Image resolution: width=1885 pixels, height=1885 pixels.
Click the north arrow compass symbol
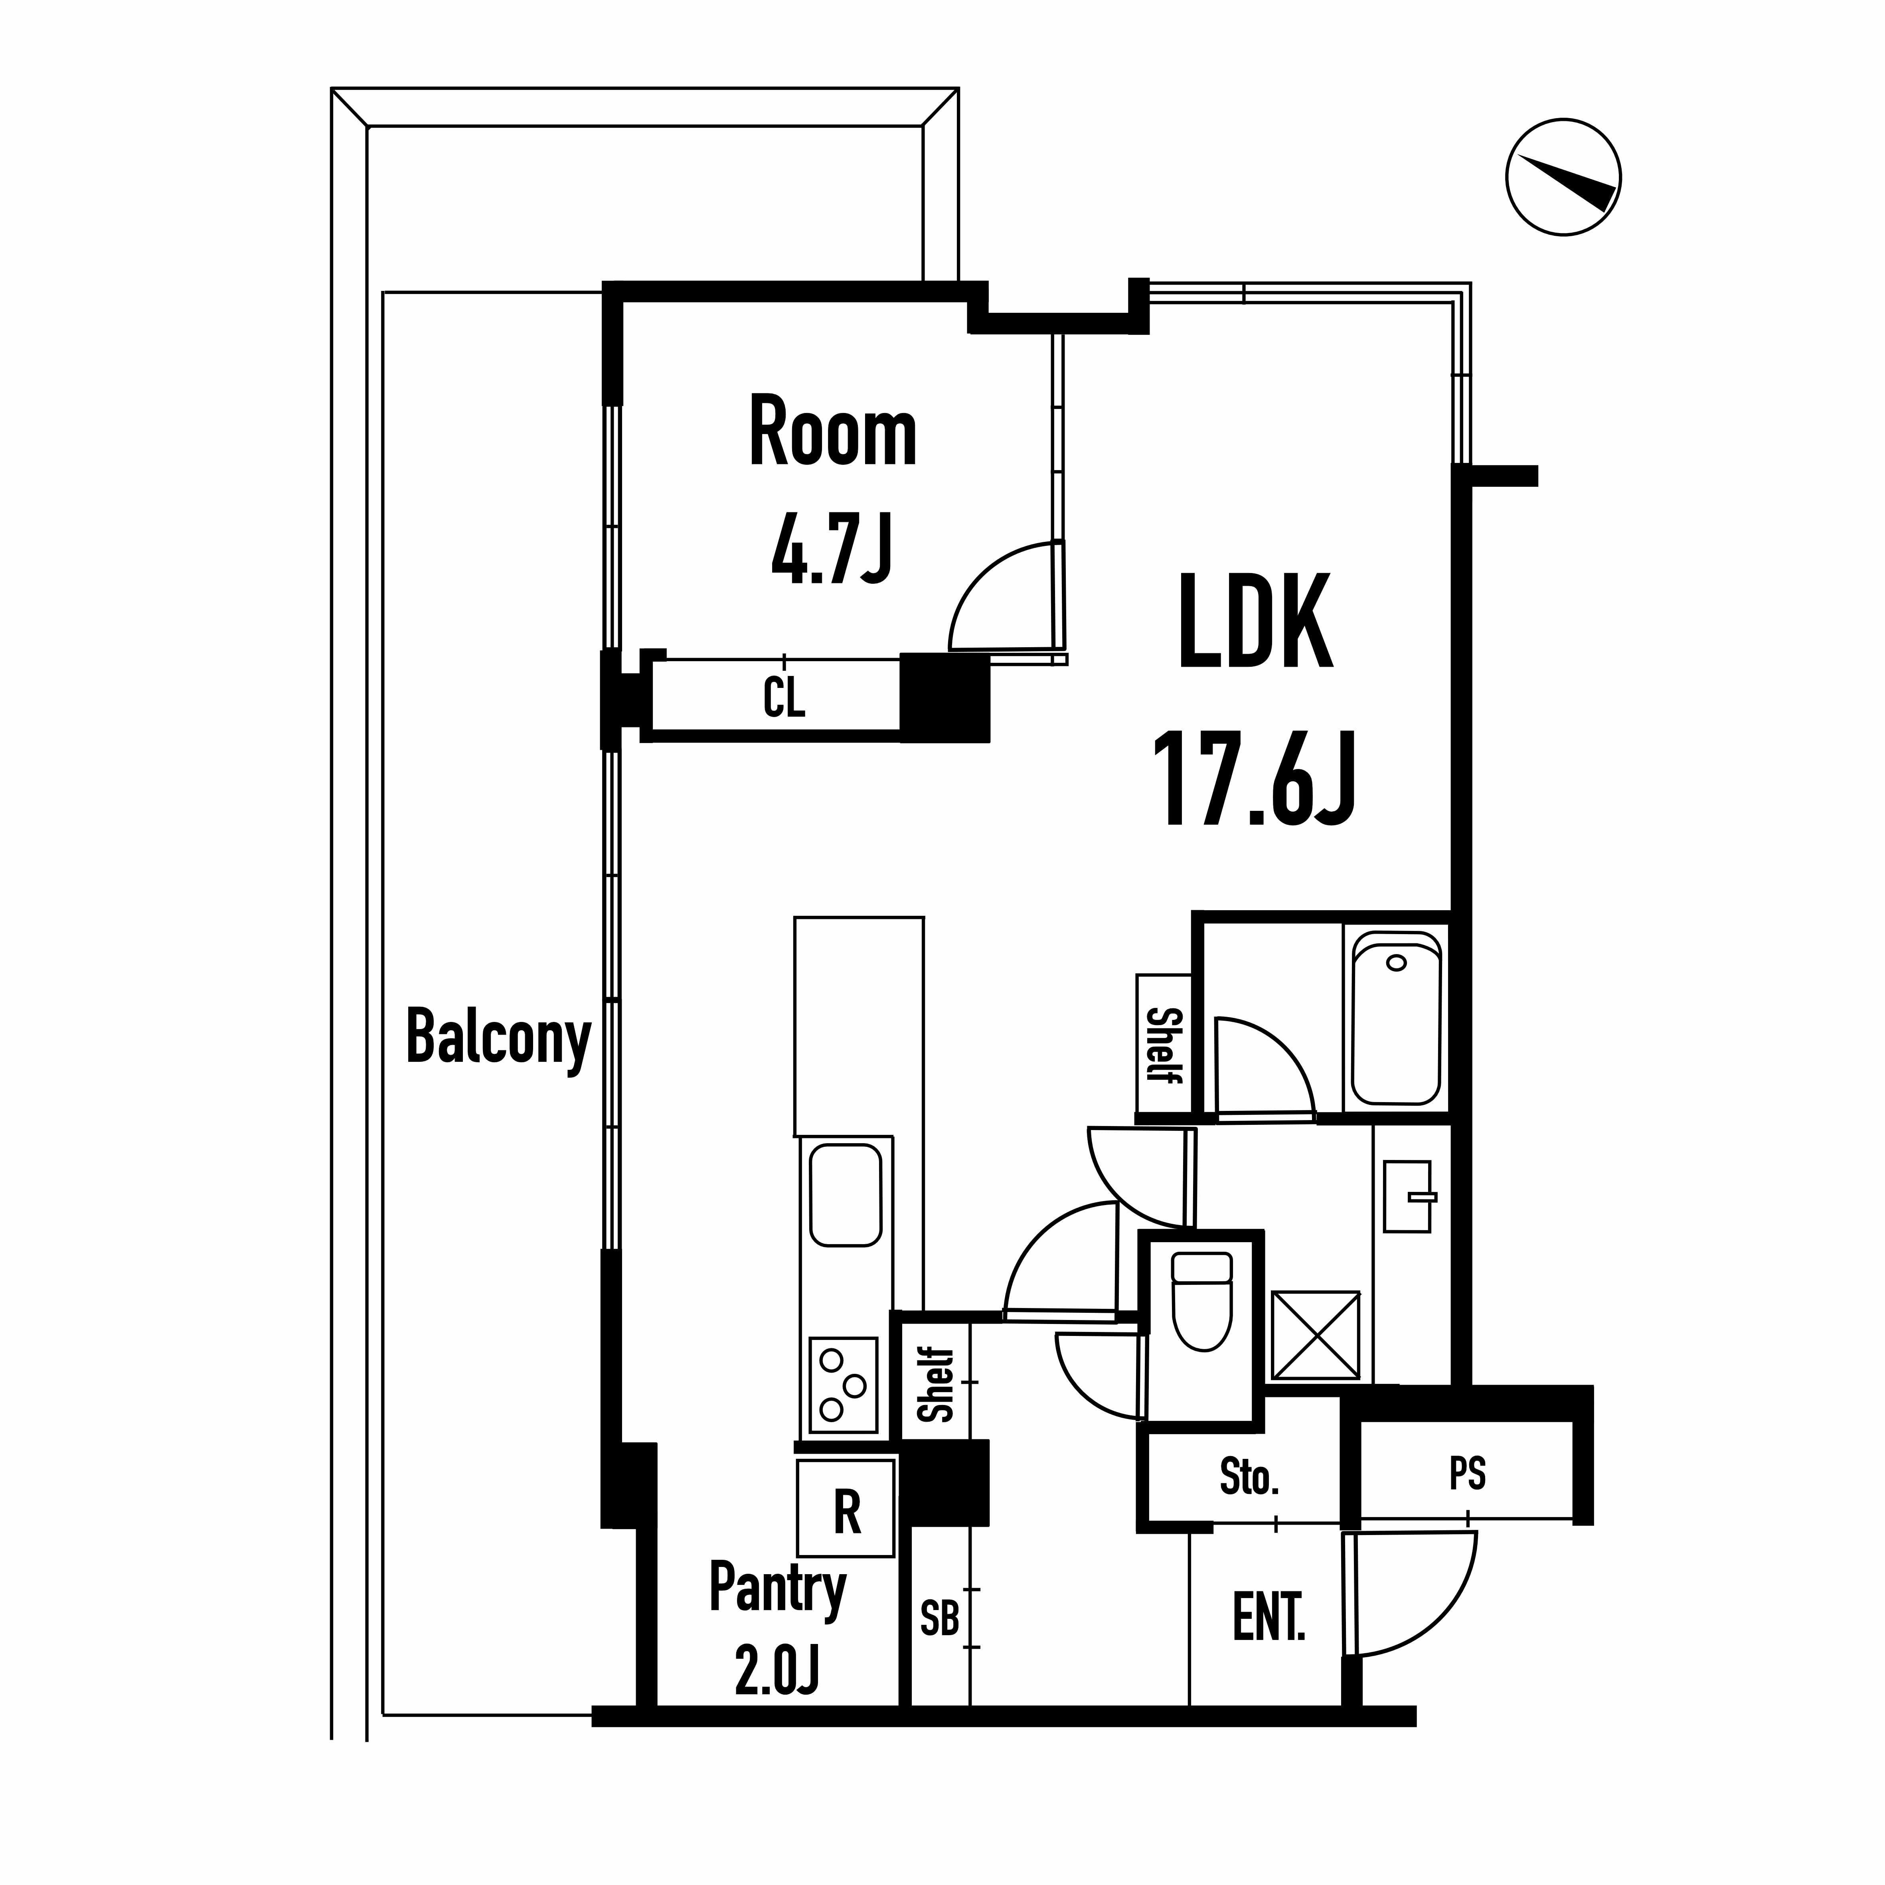[1563, 178]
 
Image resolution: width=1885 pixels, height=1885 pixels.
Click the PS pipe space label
[1467, 1473]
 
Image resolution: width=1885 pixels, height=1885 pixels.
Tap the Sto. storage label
[1249, 1477]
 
